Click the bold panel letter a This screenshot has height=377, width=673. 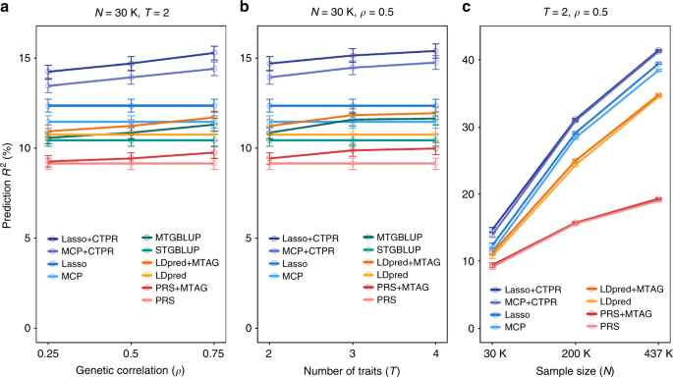pyautogui.click(x=6, y=8)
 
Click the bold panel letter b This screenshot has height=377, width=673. pyautogui.click(x=229, y=8)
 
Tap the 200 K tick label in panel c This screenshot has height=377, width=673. pyautogui.click(x=575, y=350)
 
